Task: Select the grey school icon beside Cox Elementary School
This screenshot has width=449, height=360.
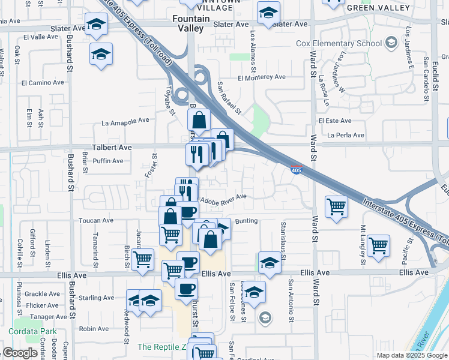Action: tap(391, 42)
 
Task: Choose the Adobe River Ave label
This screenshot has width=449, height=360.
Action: tap(223, 198)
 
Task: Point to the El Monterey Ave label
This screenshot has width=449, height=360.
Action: tap(261, 77)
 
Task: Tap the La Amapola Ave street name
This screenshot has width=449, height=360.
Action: tap(125, 121)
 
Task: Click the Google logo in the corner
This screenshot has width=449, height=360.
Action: tap(20, 353)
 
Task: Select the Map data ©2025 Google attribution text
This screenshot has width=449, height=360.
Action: tap(411, 355)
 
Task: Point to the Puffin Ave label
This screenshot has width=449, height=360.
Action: tap(109, 161)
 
